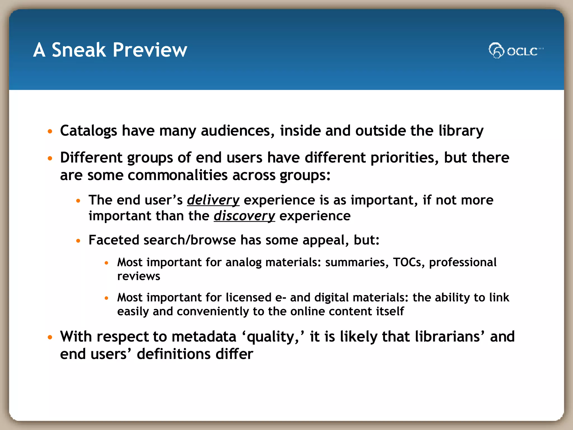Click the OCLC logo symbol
click(496, 50)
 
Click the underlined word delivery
click(213, 200)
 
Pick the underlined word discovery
click(244, 216)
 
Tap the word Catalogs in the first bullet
click(88, 131)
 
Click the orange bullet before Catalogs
click(50, 131)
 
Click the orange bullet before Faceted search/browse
click(78, 240)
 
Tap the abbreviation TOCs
click(407, 262)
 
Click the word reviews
click(138, 276)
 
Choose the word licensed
click(248, 297)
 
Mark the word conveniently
click(213, 311)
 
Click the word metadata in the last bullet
click(204, 336)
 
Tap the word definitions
click(173, 354)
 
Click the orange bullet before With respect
click(50, 337)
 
